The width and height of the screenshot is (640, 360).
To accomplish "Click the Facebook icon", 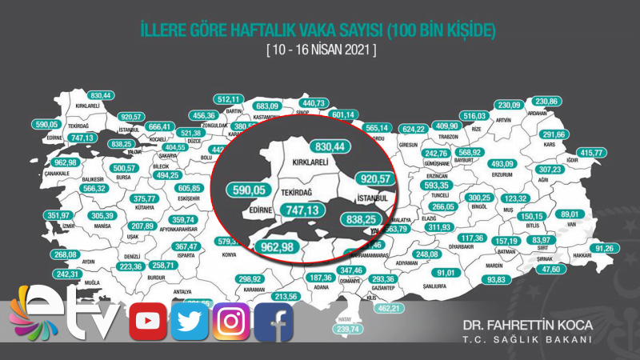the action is [274, 322].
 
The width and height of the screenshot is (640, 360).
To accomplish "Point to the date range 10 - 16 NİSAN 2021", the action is [320, 51].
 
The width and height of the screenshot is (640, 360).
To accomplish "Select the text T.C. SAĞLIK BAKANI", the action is [529, 340].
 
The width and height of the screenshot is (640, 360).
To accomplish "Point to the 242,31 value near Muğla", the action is [68, 274].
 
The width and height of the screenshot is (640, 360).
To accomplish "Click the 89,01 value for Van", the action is [570, 215].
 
